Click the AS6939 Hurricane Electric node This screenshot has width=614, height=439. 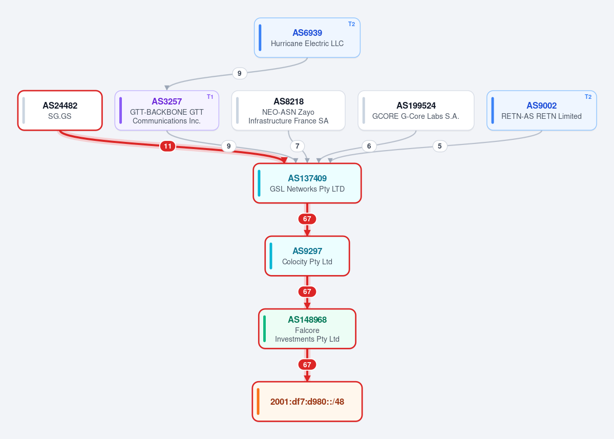(307, 38)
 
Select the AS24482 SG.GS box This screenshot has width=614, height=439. (60, 111)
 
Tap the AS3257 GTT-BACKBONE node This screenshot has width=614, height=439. (167, 111)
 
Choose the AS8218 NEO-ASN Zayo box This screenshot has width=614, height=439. (288, 111)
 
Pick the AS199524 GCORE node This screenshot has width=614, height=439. (416, 111)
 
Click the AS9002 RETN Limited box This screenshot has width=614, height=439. (542, 111)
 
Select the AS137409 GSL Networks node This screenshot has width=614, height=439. (307, 183)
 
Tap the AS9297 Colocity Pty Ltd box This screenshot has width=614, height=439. (307, 256)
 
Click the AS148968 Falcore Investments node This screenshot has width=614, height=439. (307, 328)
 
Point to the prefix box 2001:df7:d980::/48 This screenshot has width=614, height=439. (307, 402)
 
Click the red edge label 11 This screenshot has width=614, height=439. (167, 147)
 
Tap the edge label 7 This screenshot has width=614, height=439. (298, 147)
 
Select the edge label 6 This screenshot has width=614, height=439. (369, 147)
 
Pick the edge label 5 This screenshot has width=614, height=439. (440, 147)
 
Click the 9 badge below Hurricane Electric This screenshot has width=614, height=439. (240, 74)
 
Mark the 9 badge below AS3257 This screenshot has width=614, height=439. (229, 147)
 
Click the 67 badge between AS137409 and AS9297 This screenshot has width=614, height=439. (307, 219)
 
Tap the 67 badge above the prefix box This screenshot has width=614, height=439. (307, 365)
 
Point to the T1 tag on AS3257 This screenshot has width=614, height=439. (210, 97)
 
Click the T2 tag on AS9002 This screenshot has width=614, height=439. (588, 97)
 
